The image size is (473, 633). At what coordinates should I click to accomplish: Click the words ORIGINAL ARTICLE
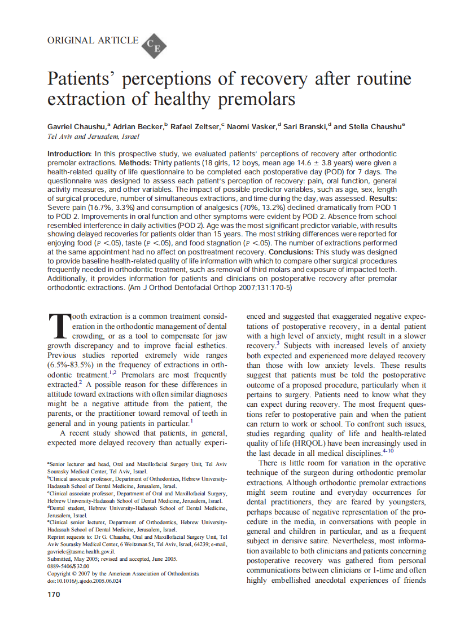(x=93, y=40)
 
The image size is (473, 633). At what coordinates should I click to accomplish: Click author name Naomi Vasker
(x=253, y=127)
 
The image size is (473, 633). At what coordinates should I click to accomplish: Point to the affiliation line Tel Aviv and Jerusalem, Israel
(x=93, y=137)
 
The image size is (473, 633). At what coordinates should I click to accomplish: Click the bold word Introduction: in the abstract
(x=69, y=154)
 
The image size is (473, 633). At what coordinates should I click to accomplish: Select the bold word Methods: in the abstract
(x=137, y=163)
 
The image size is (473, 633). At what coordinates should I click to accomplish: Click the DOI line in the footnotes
(x=84, y=580)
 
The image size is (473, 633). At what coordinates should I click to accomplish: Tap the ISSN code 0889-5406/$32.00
(x=69, y=565)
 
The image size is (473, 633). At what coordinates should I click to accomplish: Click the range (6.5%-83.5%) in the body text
(x=75, y=365)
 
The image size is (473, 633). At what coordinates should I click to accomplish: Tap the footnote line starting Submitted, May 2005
(x=112, y=558)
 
